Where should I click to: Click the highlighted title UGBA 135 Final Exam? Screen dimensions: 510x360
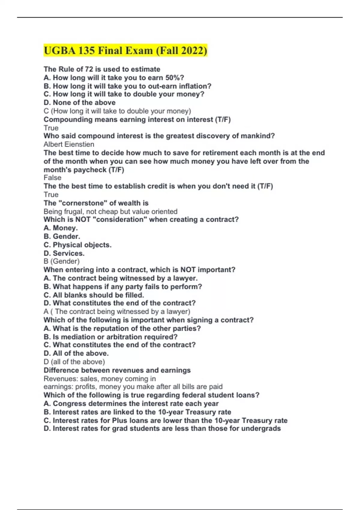125,50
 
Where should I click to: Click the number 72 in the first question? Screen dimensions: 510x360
89,69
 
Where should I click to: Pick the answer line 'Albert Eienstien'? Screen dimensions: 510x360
69,144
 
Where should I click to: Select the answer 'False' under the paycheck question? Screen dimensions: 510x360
52,178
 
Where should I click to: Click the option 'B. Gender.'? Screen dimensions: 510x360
62,236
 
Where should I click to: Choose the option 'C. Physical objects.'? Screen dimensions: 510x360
77,245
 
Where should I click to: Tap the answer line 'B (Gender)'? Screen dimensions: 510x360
61,261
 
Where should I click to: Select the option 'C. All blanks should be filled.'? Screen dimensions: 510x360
94,295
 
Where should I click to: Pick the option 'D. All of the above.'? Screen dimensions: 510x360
76,353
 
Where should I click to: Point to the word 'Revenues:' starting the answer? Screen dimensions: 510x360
61,379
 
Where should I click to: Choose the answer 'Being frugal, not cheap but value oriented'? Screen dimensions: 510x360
110,211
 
